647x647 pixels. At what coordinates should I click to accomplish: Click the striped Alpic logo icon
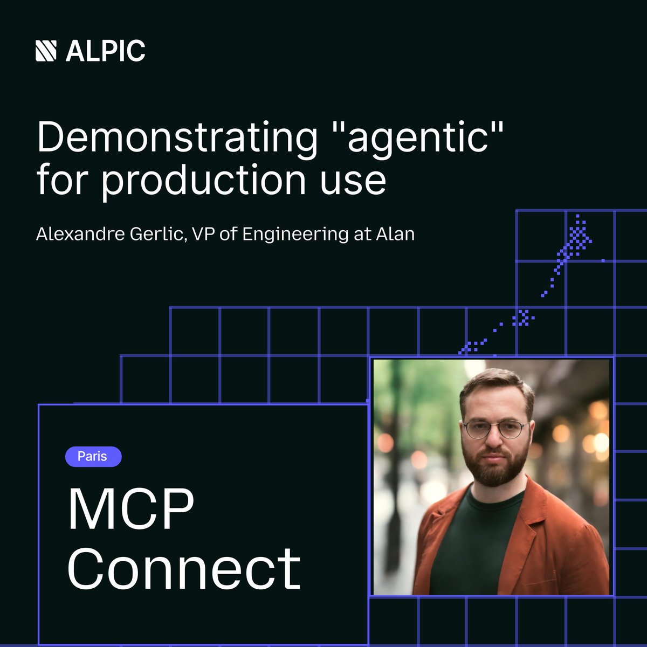[46, 51]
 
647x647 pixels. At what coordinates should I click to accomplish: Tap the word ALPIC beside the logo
[106, 51]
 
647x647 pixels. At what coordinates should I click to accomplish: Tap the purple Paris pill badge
[93, 457]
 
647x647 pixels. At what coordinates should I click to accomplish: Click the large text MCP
[130, 510]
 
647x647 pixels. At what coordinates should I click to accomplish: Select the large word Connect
[184, 569]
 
